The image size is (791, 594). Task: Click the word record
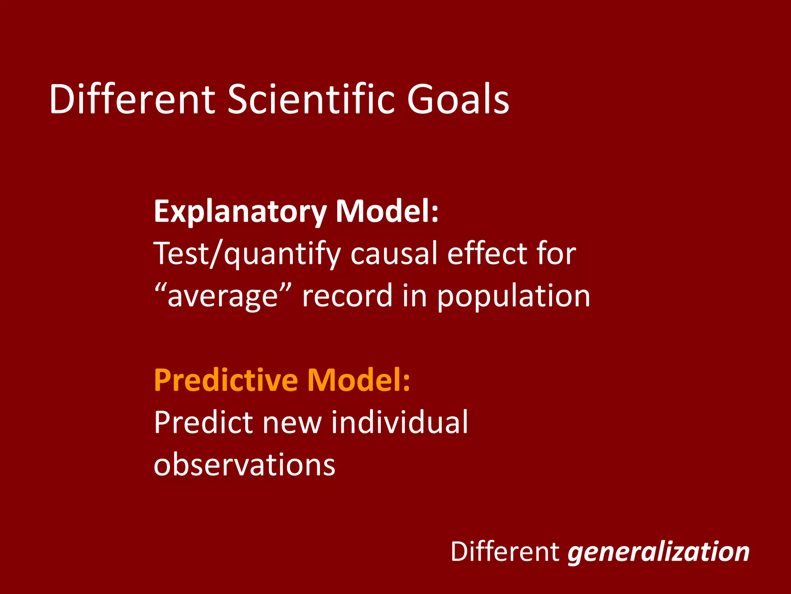(x=347, y=296)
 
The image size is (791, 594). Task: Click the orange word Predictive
(x=226, y=380)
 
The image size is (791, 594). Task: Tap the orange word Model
(x=358, y=380)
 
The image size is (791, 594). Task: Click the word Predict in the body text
(x=204, y=422)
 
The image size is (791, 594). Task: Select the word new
(x=292, y=423)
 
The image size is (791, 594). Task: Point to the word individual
(x=399, y=422)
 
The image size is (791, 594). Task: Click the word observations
(x=244, y=465)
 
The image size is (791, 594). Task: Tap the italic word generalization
(x=659, y=552)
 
